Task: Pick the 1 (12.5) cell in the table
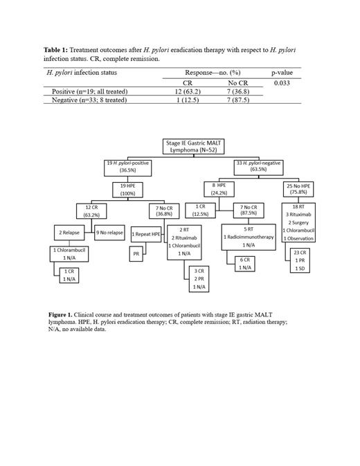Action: click(x=187, y=100)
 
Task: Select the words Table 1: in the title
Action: click(x=58, y=51)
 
